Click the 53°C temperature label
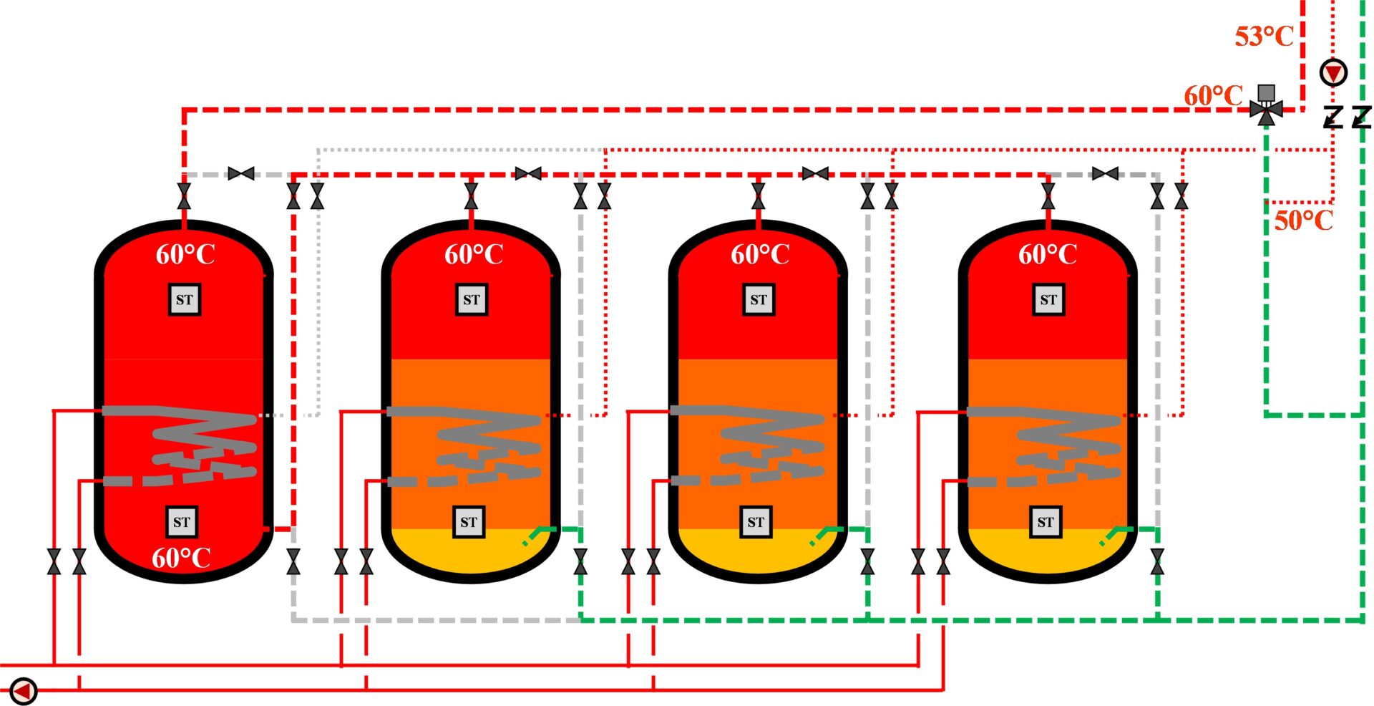[1264, 36]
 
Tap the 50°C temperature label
[1304, 220]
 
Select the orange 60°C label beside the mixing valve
[1213, 95]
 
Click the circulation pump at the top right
[1333, 72]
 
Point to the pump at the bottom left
[23, 691]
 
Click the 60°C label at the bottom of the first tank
[181, 558]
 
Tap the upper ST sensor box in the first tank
[185, 299]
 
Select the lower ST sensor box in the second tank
[469, 522]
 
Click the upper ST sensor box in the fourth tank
[1048, 299]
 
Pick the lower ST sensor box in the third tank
[756, 522]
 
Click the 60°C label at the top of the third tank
[760, 254]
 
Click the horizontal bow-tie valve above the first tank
[240, 173]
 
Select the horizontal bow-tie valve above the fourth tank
[1106, 173]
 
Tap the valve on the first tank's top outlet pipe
[184, 195]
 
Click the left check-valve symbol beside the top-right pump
[1332, 117]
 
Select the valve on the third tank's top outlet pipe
[759, 195]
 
